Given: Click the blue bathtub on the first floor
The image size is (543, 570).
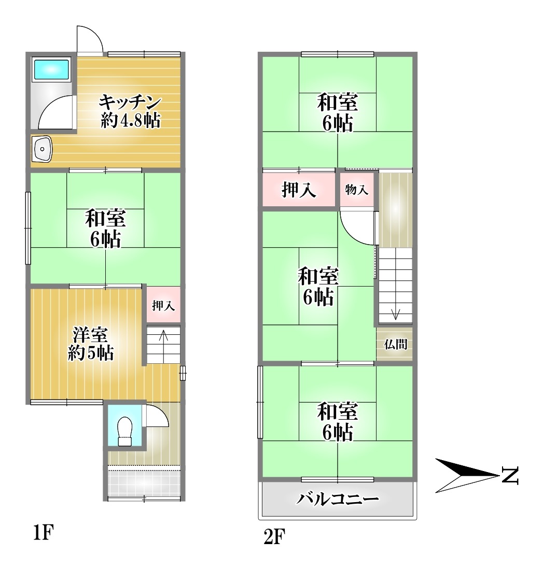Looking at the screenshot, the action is [x=51, y=69].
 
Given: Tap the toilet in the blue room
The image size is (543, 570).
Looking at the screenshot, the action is [x=125, y=431].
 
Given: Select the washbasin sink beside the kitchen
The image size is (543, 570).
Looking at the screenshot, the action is [x=42, y=149].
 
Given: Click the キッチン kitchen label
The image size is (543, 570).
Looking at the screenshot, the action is [x=130, y=102].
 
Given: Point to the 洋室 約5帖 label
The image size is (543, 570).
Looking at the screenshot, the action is [x=91, y=344].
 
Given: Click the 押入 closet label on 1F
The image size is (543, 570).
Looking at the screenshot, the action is [x=163, y=305].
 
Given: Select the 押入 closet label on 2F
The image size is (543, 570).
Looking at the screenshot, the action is [x=299, y=189].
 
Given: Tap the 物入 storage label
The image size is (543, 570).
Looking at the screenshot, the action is [x=357, y=189].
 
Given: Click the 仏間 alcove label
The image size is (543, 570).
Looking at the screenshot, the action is [x=396, y=344].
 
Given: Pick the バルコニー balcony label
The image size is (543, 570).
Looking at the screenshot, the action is [x=338, y=499].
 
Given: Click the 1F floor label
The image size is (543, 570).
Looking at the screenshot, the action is [x=44, y=533].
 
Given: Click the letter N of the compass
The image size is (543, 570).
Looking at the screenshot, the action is [x=510, y=475].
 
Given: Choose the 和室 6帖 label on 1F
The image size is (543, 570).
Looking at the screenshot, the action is [x=106, y=228].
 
